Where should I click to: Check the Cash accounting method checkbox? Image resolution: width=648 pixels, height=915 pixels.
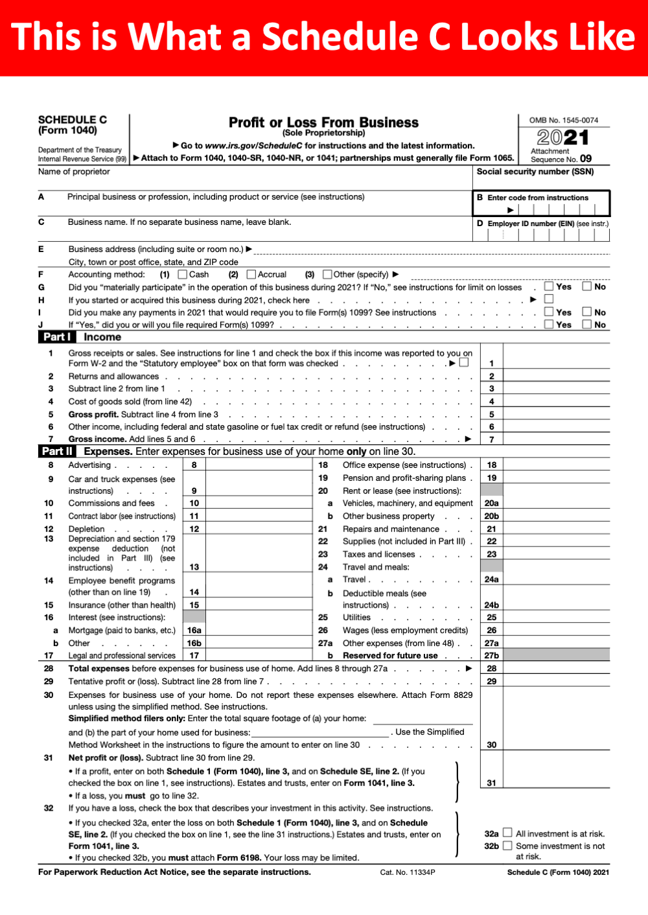tap(183, 275)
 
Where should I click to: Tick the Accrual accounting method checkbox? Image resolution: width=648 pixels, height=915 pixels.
tap(251, 275)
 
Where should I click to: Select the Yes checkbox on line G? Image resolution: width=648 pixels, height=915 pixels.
tap(549, 286)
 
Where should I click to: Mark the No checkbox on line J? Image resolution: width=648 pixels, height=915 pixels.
tap(586, 325)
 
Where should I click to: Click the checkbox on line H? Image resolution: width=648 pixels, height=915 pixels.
tap(549, 299)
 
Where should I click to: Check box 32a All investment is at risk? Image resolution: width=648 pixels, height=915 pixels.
tap(507, 833)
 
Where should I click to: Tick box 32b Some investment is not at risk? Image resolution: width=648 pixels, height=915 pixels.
tap(507, 846)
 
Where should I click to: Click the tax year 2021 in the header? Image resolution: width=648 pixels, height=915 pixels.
tap(562, 137)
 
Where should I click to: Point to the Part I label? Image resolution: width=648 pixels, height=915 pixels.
tap(56, 337)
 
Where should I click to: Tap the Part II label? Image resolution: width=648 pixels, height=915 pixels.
tap(57, 452)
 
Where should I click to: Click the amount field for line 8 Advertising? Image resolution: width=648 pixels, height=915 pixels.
tap(258, 465)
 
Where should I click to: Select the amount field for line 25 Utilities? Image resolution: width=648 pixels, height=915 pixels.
tap(556, 618)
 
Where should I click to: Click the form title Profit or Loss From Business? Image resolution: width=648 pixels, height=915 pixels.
tap(323, 122)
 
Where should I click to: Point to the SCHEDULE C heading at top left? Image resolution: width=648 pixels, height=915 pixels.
tap(73, 120)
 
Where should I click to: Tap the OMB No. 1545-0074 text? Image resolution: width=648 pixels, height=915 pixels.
tap(564, 121)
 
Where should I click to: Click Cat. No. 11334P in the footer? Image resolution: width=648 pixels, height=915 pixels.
tap(408, 872)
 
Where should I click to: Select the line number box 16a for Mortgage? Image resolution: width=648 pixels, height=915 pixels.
tap(194, 631)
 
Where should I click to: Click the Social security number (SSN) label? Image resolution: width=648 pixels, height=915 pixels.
tap(535, 172)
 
